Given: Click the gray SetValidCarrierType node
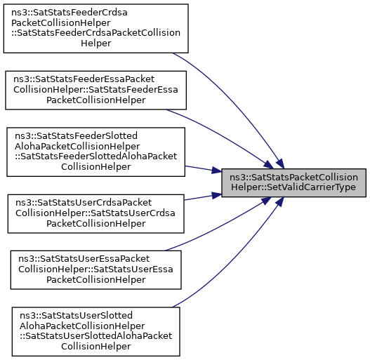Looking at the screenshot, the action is (x=293, y=183).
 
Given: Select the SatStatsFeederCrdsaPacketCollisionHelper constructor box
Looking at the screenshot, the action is (x=95, y=28).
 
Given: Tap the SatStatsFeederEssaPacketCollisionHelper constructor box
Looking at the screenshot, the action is (x=95, y=91).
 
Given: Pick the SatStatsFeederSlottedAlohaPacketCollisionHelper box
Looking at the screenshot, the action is (x=95, y=152).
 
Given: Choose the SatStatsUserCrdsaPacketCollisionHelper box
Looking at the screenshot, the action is (x=95, y=214).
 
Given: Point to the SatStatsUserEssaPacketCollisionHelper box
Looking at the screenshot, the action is (x=95, y=270).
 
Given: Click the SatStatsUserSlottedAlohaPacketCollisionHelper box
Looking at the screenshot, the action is (x=95, y=331).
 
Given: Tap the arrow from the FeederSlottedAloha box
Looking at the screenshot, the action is (x=203, y=169).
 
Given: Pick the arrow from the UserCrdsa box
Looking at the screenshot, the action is (x=203, y=197).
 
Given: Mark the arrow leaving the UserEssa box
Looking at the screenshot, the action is (x=220, y=226).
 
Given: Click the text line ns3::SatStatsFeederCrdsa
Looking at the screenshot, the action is (x=70, y=12).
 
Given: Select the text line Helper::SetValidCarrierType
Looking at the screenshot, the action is (x=293, y=187).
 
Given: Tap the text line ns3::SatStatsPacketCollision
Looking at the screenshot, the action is (x=293, y=177).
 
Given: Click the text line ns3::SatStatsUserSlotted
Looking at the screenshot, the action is (x=76, y=315).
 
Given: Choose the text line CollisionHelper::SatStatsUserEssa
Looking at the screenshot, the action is (x=95, y=269).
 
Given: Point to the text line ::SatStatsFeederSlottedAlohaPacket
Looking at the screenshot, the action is (x=95, y=156).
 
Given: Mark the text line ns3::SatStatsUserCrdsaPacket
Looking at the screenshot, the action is (x=84, y=203).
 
